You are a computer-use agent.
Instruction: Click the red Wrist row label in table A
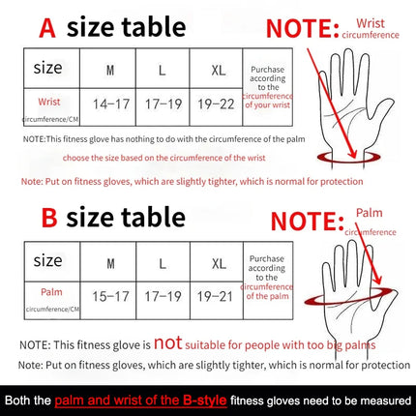[48, 102]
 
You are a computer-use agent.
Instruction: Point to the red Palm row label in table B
[48, 289]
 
